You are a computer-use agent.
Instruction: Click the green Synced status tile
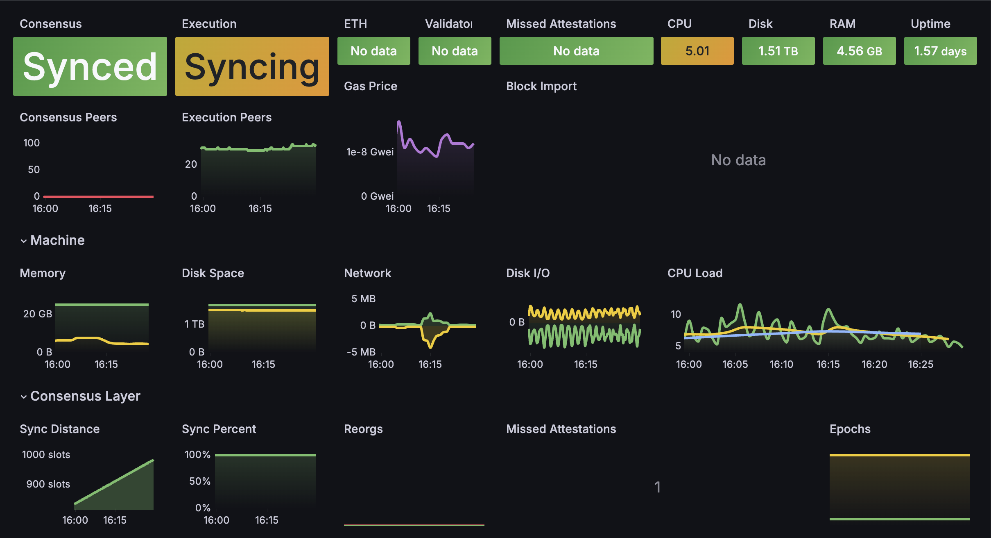coord(90,66)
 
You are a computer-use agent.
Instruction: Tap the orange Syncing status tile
coord(252,66)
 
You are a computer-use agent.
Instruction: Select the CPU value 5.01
coord(697,51)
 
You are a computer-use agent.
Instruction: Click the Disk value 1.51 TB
coord(778,51)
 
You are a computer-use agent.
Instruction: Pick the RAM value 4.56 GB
coord(859,51)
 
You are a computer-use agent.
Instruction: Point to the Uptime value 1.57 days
coord(940,51)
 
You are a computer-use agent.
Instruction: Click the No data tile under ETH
coord(373,51)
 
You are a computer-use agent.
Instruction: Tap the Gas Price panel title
coord(371,86)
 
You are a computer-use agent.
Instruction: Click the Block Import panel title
coord(541,86)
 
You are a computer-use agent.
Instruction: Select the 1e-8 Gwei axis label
coord(370,152)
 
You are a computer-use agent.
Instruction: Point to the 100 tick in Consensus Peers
coord(32,143)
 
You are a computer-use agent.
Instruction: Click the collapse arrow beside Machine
coord(24,241)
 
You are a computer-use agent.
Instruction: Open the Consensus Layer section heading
coord(85,396)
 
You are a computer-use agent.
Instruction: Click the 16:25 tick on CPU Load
coord(921,365)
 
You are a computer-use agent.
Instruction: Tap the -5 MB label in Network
coord(361,352)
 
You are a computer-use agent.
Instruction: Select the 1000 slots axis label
coord(46,455)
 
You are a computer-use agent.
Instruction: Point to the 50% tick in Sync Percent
coord(200,481)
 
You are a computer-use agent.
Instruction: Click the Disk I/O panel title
coord(528,273)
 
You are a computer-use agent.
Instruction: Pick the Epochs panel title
coord(850,429)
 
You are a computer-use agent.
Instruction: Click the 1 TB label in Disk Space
coord(195,324)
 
